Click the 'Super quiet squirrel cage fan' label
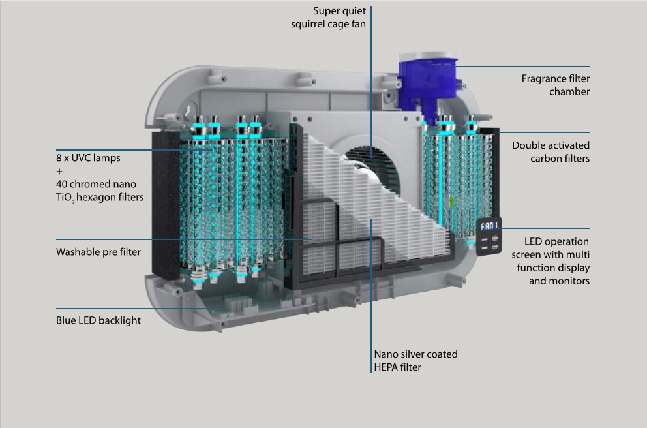click(329, 18)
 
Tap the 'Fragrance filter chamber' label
click(555, 85)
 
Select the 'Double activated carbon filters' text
click(550, 152)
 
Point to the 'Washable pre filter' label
click(98, 251)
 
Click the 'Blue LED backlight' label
click(98, 320)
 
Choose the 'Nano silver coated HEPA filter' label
click(415, 361)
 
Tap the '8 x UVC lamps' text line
click(88, 158)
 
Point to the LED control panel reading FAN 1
click(489, 236)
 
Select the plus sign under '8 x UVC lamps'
click(59, 171)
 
